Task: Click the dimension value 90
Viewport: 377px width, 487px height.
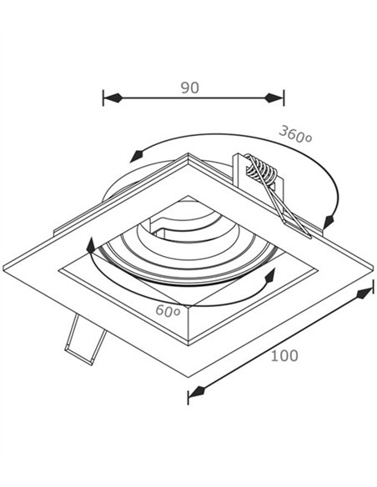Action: tap(189, 88)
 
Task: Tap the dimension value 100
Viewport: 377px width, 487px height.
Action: tap(284, 355)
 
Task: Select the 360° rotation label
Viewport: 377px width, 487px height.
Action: tap(295, 134)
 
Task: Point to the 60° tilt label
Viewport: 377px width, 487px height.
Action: tap(168, 310)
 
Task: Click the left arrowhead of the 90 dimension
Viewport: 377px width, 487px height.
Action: tap(113, 98)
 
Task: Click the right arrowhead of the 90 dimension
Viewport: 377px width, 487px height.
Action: tap(274, 98)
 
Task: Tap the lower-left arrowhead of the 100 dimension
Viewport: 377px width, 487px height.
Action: tap(197, 392)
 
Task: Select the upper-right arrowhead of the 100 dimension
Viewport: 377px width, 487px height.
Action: tap(364, 293)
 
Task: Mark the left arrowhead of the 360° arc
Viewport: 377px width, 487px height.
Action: tap(136, 156)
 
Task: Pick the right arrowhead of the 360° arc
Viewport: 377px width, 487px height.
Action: tap(328, 222)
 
